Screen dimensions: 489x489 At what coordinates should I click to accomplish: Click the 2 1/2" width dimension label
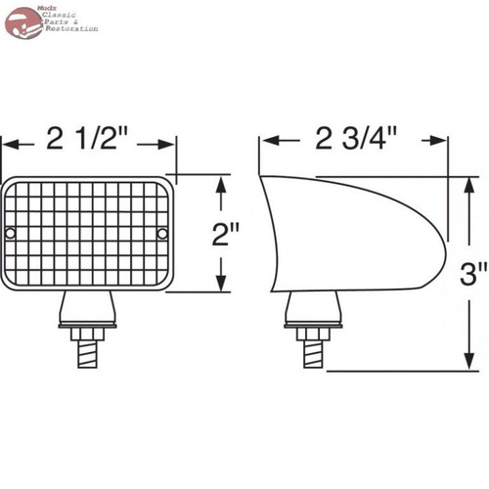[89, 142]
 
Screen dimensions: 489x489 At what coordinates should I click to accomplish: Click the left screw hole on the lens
[11, 234]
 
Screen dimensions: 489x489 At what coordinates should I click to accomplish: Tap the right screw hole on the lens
[162, 234]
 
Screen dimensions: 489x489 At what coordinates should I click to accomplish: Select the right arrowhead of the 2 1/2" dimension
[170, 143]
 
